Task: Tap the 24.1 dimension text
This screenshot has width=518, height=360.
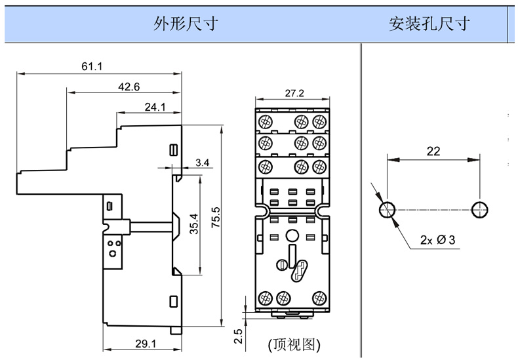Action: pos(155,106)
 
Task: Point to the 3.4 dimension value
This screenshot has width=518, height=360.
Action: pos(203,162)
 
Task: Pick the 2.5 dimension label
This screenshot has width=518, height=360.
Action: pos(239,337)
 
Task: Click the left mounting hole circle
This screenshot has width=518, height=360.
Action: pos(388,210)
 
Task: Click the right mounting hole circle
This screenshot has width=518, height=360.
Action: pos(480,210)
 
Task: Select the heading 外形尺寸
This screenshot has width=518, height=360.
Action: pos(186,24)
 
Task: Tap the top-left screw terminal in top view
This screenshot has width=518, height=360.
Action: pos(266,121)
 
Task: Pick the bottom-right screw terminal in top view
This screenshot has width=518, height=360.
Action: pos(320,297)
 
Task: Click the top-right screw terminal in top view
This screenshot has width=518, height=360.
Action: pos(320,121)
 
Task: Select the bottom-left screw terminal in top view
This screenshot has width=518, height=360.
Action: pos(266,297)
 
